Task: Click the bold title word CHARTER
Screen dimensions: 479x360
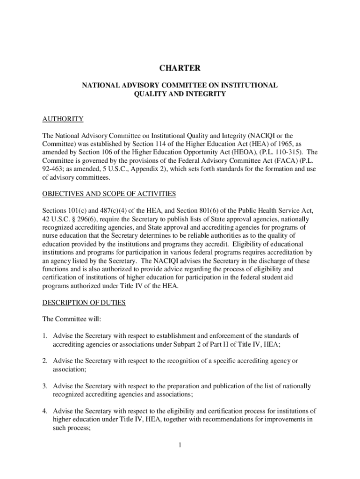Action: point(180,68)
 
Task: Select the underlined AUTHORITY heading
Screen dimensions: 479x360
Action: point(63,119)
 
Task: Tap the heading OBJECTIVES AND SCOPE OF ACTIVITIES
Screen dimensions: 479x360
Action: point(109,194)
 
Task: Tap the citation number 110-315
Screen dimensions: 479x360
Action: point(288,152)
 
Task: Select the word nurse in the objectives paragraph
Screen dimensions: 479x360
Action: point(50,236)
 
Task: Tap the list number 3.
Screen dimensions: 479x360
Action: point(45,386)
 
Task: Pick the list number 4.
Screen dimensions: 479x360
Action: point(45,411)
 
